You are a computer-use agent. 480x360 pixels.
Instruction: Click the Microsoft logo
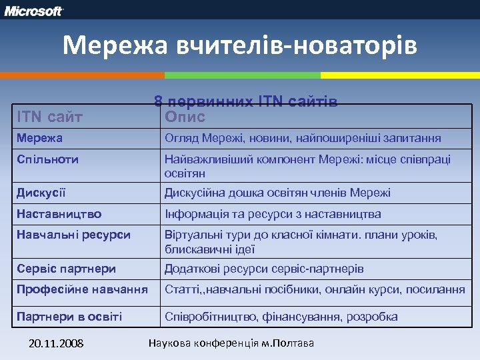(x=35, y=11)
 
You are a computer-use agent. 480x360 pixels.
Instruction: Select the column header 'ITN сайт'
(x=50, y=117)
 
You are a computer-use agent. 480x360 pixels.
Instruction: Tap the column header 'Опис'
(x=185, y=117)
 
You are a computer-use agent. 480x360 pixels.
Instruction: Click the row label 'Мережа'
(x=40, y=139)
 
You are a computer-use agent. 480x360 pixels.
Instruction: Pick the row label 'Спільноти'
(x=47, y=159)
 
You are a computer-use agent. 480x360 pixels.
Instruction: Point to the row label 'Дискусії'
(x=41, y=193)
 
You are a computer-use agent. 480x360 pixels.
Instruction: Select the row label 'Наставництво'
(x=59, y=214)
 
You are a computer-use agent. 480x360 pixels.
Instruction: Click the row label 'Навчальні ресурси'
(x=73, y=235)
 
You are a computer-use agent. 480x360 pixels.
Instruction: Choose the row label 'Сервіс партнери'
(x=67, y=269)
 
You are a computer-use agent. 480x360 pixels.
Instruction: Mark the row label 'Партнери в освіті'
(x=69, y=317)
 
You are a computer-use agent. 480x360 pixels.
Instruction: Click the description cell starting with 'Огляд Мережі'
(x=303, y=139)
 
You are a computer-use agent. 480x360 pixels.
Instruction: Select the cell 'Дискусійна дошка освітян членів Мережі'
(x=277, y=193)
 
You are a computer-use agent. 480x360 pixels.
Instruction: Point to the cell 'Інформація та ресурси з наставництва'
(x=273, y=214)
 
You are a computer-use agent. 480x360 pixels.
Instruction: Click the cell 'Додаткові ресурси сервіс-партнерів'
(x=264, y=269)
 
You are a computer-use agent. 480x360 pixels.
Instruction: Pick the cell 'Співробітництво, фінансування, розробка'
(x=281, y=317)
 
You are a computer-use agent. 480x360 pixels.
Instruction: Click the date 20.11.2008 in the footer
(x=57, y=344)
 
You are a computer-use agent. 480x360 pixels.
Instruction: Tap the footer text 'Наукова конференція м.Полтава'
(x=230, y=343)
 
